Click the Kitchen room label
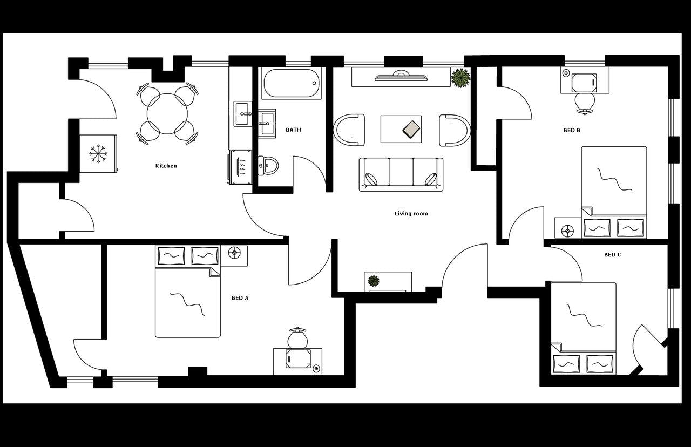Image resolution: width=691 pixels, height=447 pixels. (x=166, y=166)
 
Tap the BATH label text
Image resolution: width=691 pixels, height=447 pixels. (x=293, y=130)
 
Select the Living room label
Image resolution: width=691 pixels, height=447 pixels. (x=411, y=214)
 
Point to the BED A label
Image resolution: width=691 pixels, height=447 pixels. (x=240, y=298)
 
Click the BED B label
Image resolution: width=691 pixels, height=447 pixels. (x=572, y=130)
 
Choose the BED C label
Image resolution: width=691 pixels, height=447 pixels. (x=612, y=255)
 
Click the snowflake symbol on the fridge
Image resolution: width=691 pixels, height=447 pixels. (x=98, y=154)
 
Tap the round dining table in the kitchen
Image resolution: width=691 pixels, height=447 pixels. (x=167, y=113)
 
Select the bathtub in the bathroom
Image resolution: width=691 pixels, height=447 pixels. (x=292, y=83)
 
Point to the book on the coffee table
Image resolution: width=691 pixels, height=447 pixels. (x=412, y=129)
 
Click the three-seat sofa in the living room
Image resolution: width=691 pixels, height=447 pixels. (x=401, y=174)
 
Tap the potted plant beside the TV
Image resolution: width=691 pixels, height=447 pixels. (x=460, y=78)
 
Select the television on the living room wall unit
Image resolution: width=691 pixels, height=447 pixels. (x=401, y=77)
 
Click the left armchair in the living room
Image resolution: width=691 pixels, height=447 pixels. (x=349, y=130)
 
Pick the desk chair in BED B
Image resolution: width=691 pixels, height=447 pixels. (x=584, y=101)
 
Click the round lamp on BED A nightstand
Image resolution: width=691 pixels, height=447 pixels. (x=234, y=252)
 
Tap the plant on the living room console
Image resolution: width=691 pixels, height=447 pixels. (x=373, y=281)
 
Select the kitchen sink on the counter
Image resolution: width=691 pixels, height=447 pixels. (x=243, y=114)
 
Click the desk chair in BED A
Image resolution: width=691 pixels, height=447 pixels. (x=297, y=338)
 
